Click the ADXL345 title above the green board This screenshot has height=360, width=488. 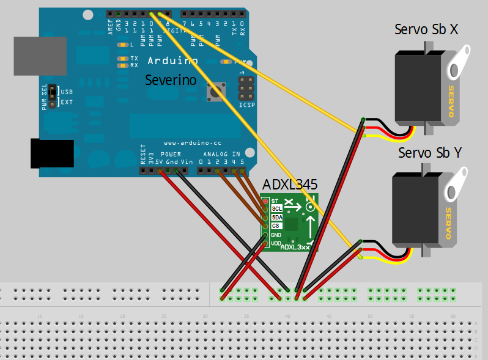tap(290, 185)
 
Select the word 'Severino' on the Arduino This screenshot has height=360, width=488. tap(171, 79)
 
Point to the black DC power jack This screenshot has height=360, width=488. tap(51, 153)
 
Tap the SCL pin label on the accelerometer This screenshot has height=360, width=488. tap(276, 208)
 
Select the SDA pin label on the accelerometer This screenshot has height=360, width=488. tap(276, 217)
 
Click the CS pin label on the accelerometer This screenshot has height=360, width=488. tap(276, 226)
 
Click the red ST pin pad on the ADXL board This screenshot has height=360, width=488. tap(265, 200)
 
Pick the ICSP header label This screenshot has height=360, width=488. tap(246, 105)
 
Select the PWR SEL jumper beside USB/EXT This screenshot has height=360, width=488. tap(53, 96)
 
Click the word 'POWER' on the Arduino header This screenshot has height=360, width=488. tap(171, 154)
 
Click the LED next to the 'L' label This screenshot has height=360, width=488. tap(124, 45)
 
